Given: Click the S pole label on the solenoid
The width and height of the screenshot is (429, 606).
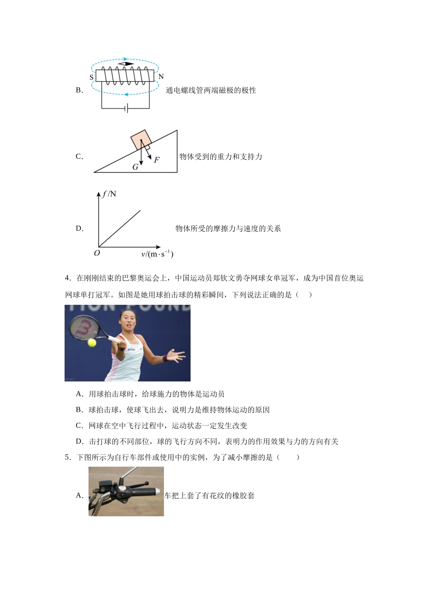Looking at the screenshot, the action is point(92,78).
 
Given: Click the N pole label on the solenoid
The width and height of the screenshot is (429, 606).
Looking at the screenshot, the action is point(161,77).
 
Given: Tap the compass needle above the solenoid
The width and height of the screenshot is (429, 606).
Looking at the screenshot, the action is point(126,64).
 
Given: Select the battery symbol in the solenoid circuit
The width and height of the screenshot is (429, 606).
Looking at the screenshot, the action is point(126,109).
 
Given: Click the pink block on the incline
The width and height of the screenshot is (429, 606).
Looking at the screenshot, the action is point(141,140).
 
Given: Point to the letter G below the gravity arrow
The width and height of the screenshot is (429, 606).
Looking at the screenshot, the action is point(135,167).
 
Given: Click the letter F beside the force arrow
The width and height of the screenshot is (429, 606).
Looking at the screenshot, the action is point(157,160).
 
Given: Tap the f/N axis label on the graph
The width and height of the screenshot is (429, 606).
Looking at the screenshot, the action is point(109,194).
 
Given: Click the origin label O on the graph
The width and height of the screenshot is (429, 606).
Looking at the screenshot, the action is point(97,253).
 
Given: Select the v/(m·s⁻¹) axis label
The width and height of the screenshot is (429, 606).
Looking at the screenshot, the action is point(157,254).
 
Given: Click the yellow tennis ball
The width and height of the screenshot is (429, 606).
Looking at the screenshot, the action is point(92,343).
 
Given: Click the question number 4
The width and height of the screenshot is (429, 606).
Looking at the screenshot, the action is point(67,278).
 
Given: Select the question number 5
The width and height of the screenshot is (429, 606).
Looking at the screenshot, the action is point(67,457).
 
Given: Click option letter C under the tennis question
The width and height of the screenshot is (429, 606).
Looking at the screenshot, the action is point(79,426).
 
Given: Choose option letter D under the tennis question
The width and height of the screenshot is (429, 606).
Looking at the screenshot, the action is point(79,441).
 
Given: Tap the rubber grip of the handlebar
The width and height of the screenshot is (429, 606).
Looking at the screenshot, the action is point(145,492).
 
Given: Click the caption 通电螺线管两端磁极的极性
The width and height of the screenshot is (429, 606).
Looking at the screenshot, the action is point(211,90).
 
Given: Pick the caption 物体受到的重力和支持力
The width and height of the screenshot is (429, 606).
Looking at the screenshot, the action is point(221,156).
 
